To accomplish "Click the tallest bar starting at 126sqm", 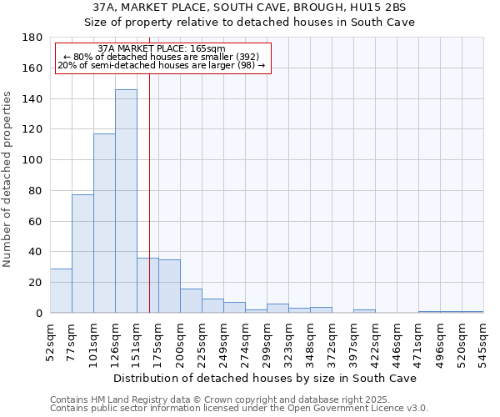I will (126, 201).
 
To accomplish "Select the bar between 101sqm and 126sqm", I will (104, 224).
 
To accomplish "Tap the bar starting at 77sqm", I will (82, 254).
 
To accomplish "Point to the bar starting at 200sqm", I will (191, 300).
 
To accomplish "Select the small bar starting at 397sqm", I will (364, 311).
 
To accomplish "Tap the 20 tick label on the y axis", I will (36, 283).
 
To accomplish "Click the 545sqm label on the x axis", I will (484, 340).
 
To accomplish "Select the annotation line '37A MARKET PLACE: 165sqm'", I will (161, 49).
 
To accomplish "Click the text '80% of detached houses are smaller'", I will (162, 57).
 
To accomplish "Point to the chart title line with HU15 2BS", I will (250, 7).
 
